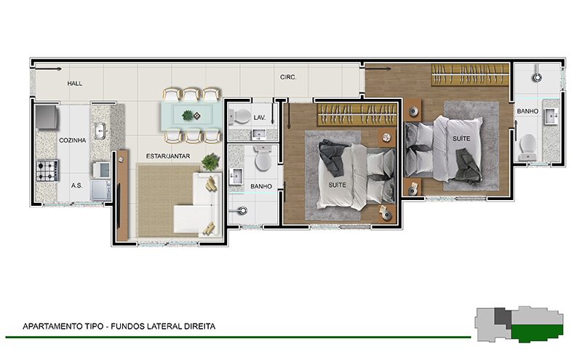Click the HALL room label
75,84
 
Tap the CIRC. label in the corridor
288,77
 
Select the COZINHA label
72,140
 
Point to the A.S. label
77,185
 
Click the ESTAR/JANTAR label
168,156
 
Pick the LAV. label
260,118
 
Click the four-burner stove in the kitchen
47,171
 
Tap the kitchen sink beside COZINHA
100,131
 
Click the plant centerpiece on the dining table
188,116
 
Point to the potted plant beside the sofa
210,162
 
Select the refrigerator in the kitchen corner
47,117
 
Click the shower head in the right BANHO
537,77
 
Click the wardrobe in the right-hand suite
469,75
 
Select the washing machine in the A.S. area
100,190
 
